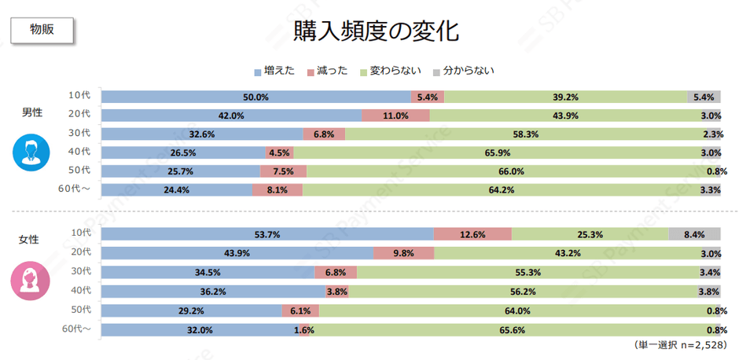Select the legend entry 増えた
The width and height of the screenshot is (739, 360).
[274, 72]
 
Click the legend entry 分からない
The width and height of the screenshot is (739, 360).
[463, 72]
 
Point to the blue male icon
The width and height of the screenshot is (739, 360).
[31, 152]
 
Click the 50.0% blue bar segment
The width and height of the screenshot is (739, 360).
[256, 97]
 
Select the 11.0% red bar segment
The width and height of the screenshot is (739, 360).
[395, 116]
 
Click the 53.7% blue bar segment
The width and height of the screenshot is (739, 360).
[267, 234]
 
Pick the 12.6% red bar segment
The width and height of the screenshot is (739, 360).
[472, 234]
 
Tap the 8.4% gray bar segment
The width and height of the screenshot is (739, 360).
[694, 234]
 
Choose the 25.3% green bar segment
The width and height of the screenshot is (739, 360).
[590, 234]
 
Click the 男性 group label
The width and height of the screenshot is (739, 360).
[32, 112]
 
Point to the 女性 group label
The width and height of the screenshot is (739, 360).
[29, 238]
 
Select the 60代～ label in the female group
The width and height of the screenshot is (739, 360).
[77, 329]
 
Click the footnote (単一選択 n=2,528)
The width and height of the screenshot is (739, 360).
[680, 345]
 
